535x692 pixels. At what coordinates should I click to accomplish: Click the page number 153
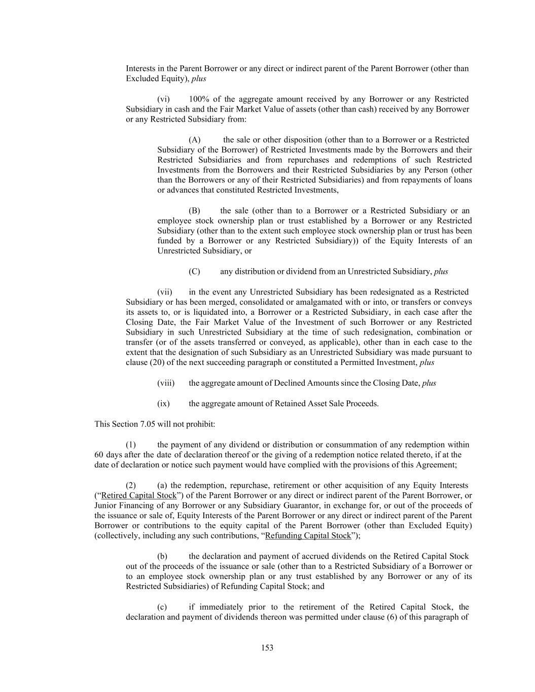267,648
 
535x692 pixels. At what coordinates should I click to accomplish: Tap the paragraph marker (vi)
163,99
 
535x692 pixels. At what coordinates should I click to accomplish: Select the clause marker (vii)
165,292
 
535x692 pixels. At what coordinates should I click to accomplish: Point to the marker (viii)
166,383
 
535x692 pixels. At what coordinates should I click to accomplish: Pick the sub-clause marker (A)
195,140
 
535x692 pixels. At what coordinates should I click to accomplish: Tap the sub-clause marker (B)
194,211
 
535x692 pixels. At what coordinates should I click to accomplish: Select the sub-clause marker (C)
194,272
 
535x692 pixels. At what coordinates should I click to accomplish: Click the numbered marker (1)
131,445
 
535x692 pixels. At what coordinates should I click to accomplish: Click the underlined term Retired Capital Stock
139,495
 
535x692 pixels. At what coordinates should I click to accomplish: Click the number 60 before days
99,455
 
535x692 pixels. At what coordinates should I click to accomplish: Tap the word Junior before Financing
106,505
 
